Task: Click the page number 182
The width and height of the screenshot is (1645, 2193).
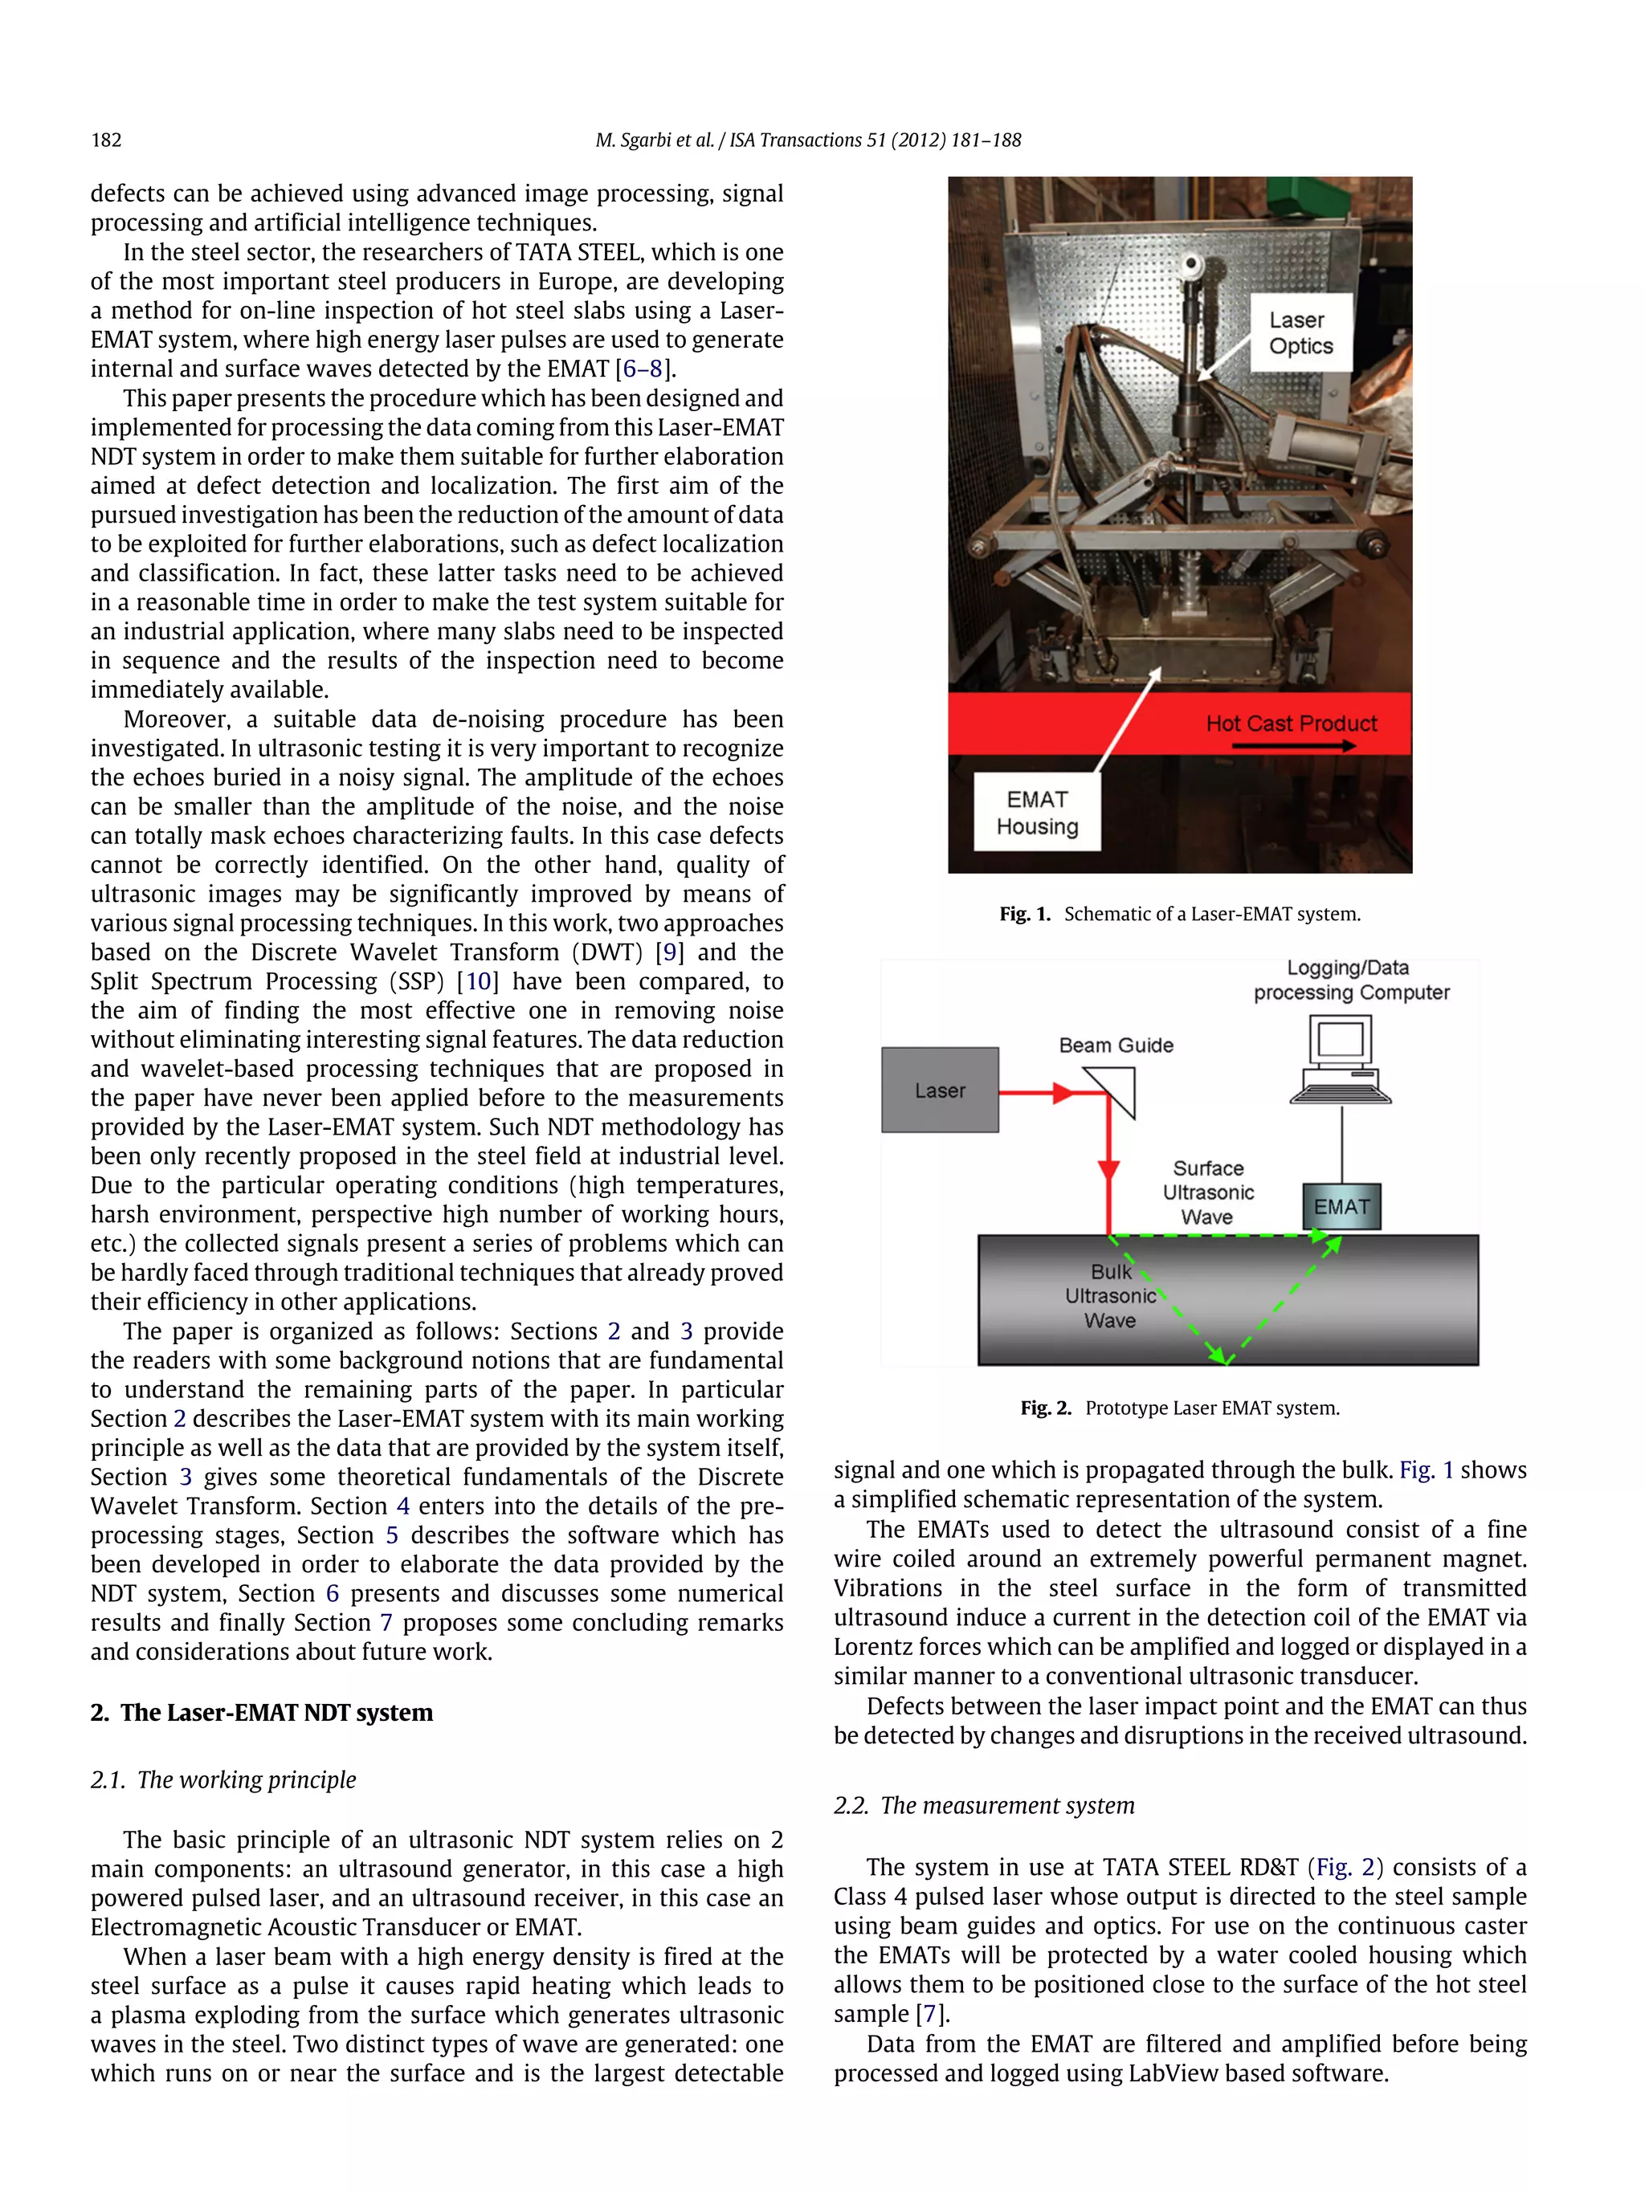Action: tap(106, 140)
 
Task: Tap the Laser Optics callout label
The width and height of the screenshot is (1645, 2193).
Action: tap(1300, 333)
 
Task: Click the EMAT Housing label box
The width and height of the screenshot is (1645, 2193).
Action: tap(1037, 813)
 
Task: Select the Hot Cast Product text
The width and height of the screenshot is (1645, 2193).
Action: tap(1291, 724)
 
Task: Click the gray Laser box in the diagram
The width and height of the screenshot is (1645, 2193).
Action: tap(939, 1090)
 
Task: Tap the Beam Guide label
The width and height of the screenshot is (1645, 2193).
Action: tap(1116, 1045)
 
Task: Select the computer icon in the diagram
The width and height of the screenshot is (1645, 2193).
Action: tap(1341, 1060)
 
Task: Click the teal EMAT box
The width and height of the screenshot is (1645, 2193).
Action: tap(1341, 1207)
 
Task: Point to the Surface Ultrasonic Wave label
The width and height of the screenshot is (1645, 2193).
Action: tap(1208, 1192)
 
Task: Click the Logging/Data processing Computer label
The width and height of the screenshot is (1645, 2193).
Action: tap(1350, 980)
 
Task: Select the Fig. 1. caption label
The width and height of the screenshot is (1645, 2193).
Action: tap(1024, 914)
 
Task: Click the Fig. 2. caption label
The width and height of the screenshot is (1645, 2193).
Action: tap(1045, 1408)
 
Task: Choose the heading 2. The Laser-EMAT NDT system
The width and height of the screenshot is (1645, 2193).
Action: tap(262, 1712)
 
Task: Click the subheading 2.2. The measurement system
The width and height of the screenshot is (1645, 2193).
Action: tap(984, 1805)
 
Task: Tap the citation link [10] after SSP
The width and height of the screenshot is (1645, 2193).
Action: tap(478, 981)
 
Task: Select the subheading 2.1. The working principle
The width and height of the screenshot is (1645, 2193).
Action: tap(223, 1779)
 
